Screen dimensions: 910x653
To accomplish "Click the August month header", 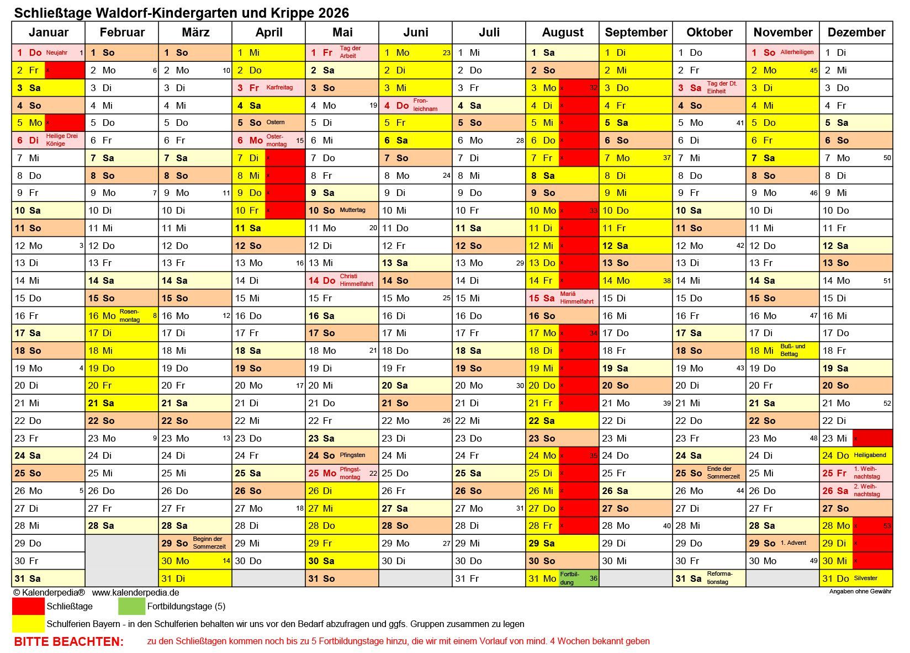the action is [x=562, y=32].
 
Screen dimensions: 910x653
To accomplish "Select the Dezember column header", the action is [x=856, y=32].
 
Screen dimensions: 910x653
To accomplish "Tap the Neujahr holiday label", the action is [x=57, y=52].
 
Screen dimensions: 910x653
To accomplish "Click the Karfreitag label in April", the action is [x=279, y=87].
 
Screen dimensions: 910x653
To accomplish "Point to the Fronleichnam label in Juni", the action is [x=425, y=105].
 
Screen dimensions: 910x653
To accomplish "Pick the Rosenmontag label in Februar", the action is [x=130, y=316].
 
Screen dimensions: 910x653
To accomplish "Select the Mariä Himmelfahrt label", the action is [x=576, y=298].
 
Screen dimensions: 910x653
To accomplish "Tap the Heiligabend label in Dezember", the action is [x=870, y=455].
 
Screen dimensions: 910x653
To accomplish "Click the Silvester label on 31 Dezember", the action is [x=865, y=578].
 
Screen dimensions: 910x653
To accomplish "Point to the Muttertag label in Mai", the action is [x=352, y=210].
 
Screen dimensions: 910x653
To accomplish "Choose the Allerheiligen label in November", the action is [x=797, y=52].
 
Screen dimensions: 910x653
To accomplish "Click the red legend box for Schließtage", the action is [x=28, y=606].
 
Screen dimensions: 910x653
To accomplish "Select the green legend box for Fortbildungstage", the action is [x=131, y=606].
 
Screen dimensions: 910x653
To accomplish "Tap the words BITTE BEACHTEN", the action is [x=68, y=641].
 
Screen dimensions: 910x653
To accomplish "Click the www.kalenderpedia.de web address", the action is [x=135, y=592].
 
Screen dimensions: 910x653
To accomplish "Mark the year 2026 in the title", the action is [x=334, y=13].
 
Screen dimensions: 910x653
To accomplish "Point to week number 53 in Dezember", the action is [x=887, y=525].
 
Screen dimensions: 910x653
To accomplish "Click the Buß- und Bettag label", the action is [x=792, y=350].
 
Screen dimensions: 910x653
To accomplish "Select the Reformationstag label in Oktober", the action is [x=719, y=578].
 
